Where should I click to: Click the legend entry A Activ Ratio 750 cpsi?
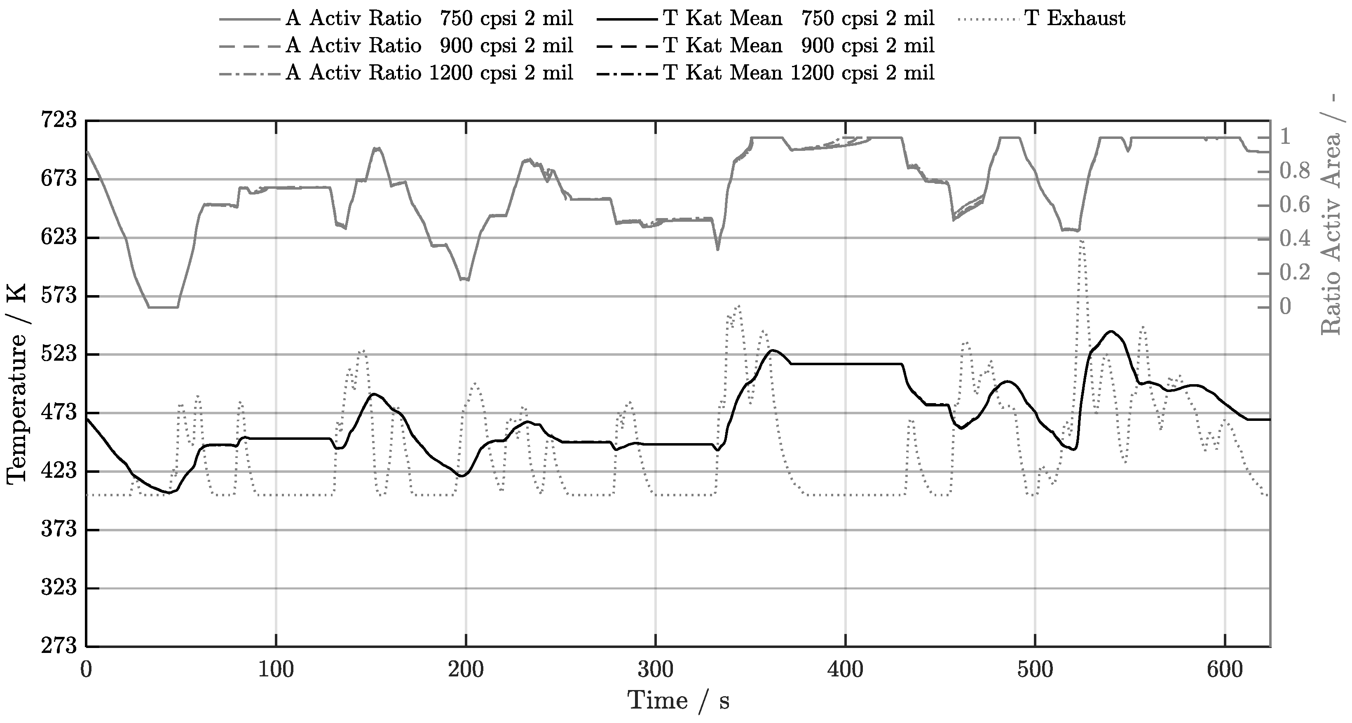coord(429,19)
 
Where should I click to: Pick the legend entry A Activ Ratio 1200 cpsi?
coord(429,73)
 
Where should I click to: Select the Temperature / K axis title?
coord(17,383)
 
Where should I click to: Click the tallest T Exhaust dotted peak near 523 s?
coord(1081,240)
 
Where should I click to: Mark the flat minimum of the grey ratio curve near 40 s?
coord(163,307)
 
